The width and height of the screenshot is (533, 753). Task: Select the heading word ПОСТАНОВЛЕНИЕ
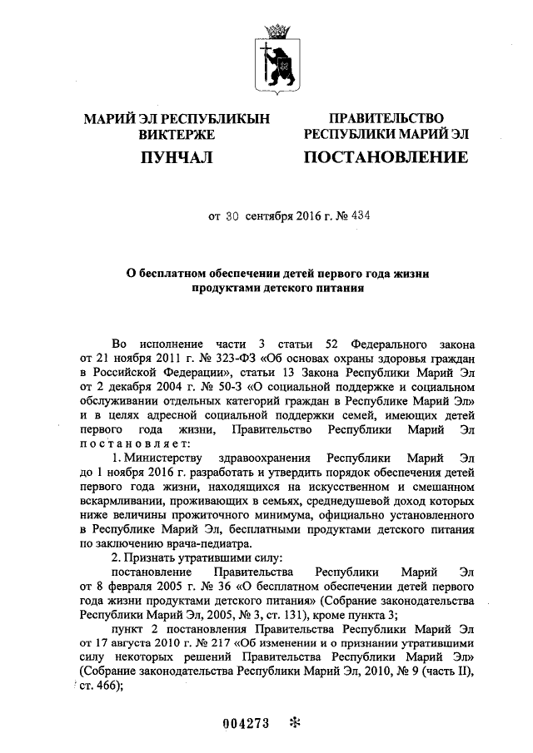[x=385, y=157]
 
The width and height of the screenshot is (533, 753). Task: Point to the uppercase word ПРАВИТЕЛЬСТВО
[x=386, y=119]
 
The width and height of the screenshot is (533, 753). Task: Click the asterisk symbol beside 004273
[x=293, y=722]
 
